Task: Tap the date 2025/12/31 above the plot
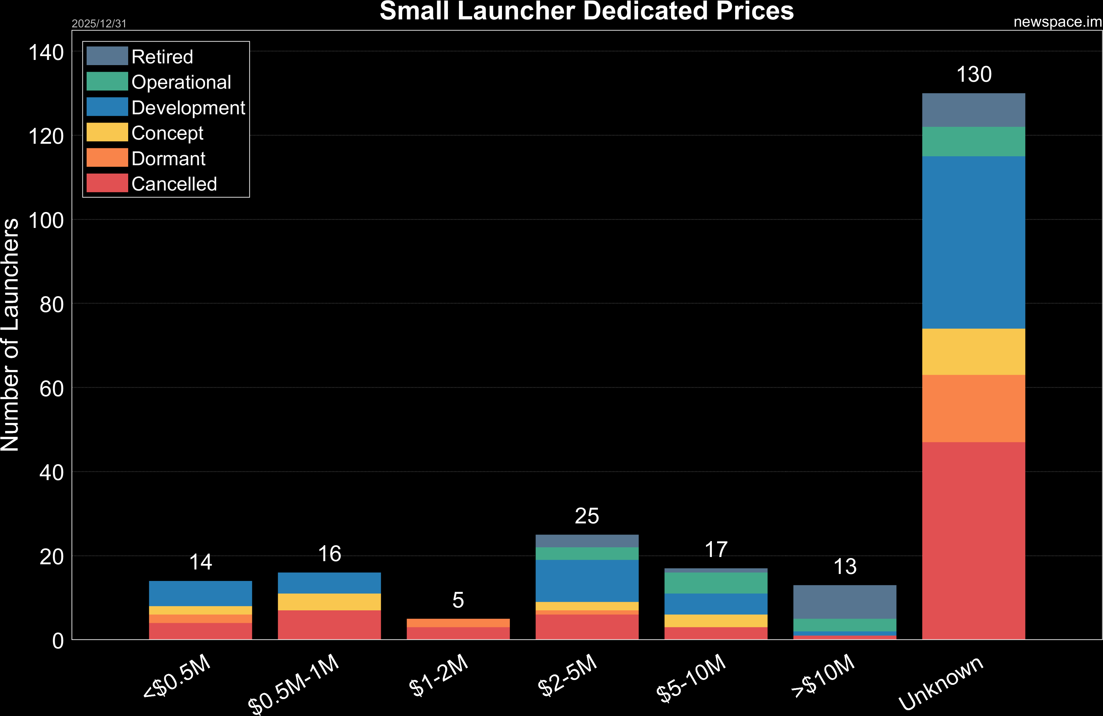click(x=99, y=24)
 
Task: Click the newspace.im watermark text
click(x=1057, y=22)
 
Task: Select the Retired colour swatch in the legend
click(x=107, y=56)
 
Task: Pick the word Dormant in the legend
click(x=168, y=159)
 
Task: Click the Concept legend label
click(x=167, y=133)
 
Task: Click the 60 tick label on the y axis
click(x=51, y=389)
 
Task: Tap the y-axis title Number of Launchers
click(x=10, y=335)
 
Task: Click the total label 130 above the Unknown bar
click(x=974, y=74)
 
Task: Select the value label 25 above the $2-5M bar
click(x=587, y=516)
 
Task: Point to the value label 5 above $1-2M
click(x=458, y=601)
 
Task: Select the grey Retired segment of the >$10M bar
click(x=844, y=602)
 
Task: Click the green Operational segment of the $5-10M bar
click(x=716, y=583)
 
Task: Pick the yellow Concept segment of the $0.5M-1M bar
click(x=329, y=602)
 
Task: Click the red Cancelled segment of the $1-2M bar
click(x=458, y=633)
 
